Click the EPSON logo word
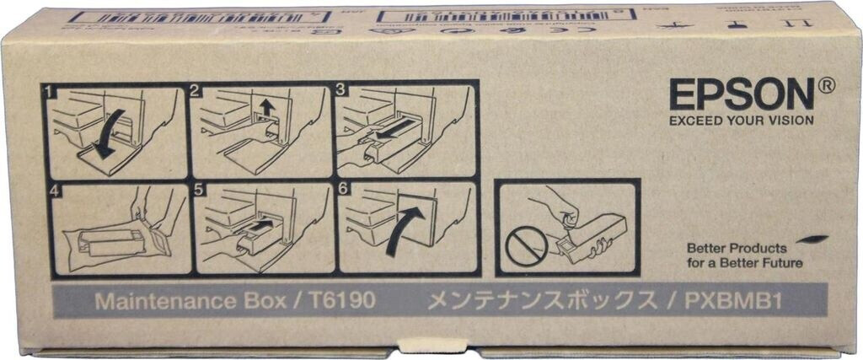(x=741, y=94)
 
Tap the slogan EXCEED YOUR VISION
(x=742, y=121)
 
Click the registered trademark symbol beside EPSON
(x=826, y=83)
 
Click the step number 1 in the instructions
(x=50, y=89)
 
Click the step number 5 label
(x=199, y=191)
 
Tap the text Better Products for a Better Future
(x=737, y=255)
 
